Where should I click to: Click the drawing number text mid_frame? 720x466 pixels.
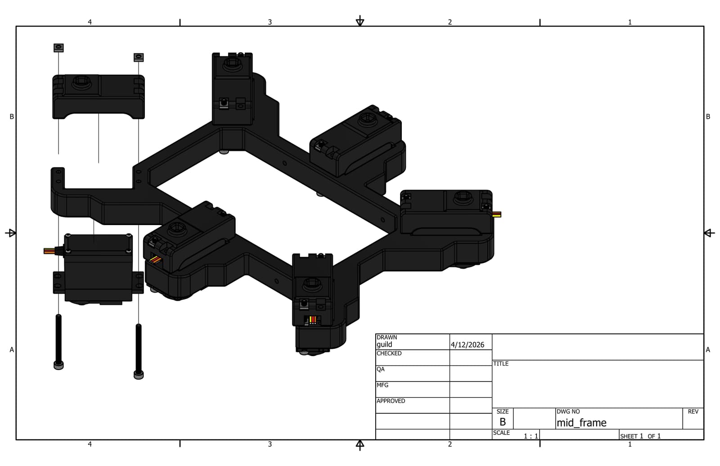581,423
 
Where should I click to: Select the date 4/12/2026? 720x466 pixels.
468,345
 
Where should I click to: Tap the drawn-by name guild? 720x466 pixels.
384,345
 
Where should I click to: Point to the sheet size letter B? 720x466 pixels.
503,422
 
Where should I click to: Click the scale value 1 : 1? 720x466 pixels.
531,436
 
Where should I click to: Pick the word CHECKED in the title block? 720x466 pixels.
389,353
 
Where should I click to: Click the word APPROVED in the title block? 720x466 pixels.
391,401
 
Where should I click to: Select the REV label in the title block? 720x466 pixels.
693,412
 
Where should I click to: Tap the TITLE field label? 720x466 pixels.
501,364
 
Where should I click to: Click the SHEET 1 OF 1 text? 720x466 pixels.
640,436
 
